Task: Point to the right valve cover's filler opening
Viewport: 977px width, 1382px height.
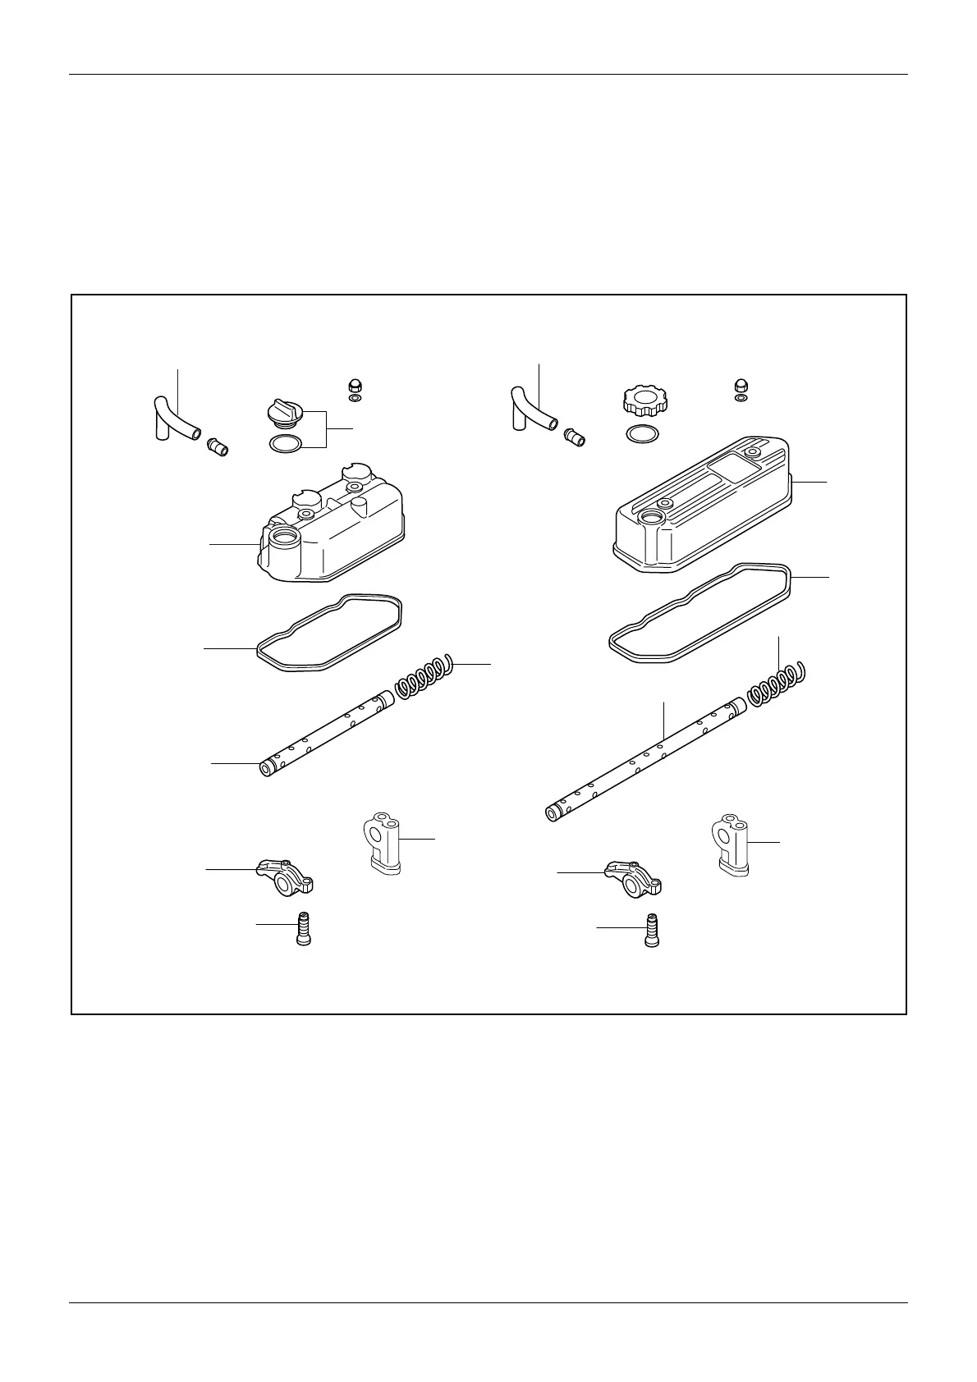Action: tap(653, 518)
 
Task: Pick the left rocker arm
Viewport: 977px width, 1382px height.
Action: tap(287, 876)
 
